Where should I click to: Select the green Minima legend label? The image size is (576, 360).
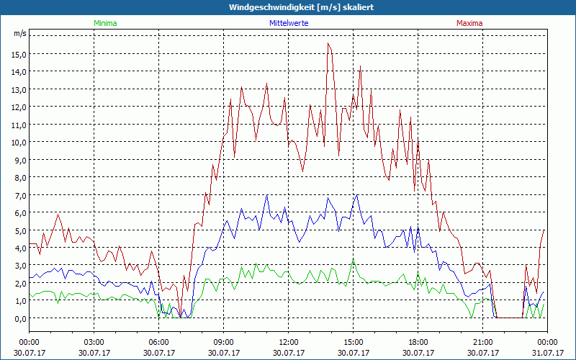[104, 23]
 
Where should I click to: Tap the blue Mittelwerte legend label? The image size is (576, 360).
[289, 23]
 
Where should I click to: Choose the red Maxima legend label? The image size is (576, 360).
[469, 23]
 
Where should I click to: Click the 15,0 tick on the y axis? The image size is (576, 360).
[18, 54]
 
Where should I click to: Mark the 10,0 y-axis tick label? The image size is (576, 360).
[18, 142]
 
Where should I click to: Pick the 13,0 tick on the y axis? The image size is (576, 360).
[18, 89]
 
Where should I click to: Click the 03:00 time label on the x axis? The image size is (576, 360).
[94, 342]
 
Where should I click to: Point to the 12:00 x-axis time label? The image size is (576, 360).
[288, 342]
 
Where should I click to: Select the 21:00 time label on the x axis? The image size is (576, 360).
[482, 342]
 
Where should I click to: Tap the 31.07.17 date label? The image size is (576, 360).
[547, 353]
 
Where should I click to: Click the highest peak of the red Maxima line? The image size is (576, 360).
[328, 43]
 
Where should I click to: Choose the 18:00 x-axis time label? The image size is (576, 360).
[418, 342]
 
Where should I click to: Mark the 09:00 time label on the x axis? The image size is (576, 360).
[223, 342]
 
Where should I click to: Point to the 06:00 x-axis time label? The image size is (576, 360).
[158, 342]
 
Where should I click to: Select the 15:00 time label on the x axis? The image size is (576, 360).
[353, 342]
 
